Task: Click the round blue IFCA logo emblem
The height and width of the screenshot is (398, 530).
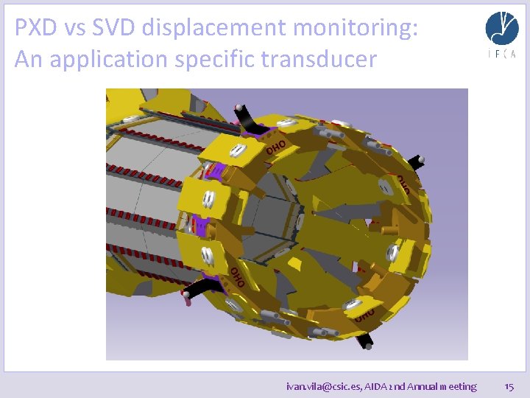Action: coord(501,28)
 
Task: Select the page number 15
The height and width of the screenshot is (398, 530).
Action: coord(509,385)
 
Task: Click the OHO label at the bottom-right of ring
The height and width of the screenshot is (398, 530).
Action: coord(365,315)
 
